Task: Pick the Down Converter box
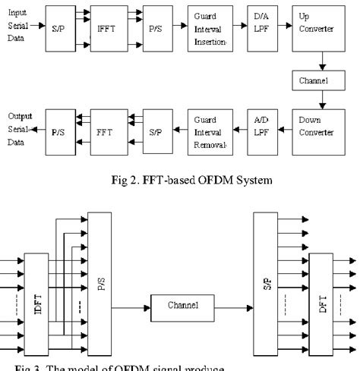(311, 125)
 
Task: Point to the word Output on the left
(19, 115)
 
